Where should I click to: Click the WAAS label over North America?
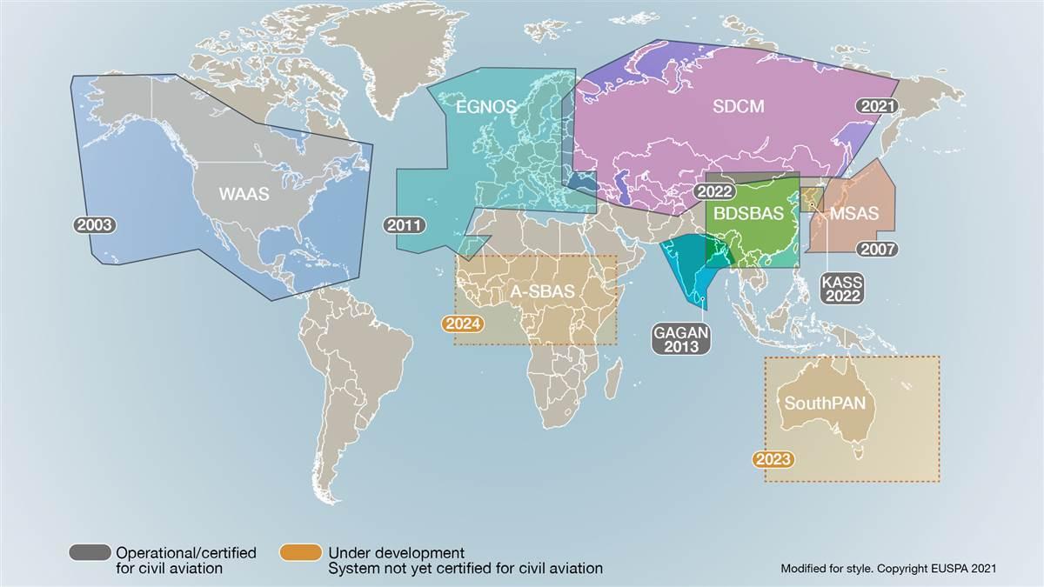[x=243, y=195]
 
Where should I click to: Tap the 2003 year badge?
[x=95, y=224]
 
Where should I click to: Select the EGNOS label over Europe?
[x=486, y=107]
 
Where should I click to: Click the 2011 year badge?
[x=405, y=225]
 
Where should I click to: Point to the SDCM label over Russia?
[x=738, y=107]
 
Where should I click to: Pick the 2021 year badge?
[x=876, y=106]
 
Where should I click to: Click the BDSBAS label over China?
[x=743, y=213]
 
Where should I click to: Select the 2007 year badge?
[x=877, y=249]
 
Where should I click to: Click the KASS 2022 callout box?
[x=843, y=288]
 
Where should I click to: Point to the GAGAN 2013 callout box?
[x=681, y=338]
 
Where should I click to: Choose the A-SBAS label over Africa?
[x=542, y=292]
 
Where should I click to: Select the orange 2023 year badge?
[x=773, y=459]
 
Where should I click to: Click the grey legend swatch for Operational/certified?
[x=90, y=553]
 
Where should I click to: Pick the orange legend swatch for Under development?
[x=302, y=553]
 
